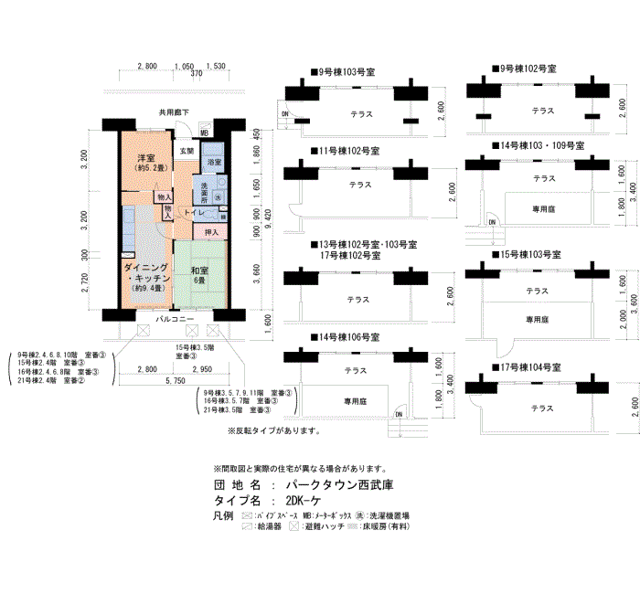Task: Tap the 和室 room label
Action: pyautogui.click(x=199, y=270)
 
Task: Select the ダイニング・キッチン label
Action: pyautogui.click(x=146, y=271)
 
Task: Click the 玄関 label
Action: pyautogui.click(x=187, y=150)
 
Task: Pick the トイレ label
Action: pyautogui.click(x=194, y=213)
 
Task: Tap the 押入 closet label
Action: pyautogui.click(x=212, y=233)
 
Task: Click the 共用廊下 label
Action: pyautogui.click(x=174, y=112)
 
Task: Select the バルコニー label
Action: pyautogui.click(x=174, y=319)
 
